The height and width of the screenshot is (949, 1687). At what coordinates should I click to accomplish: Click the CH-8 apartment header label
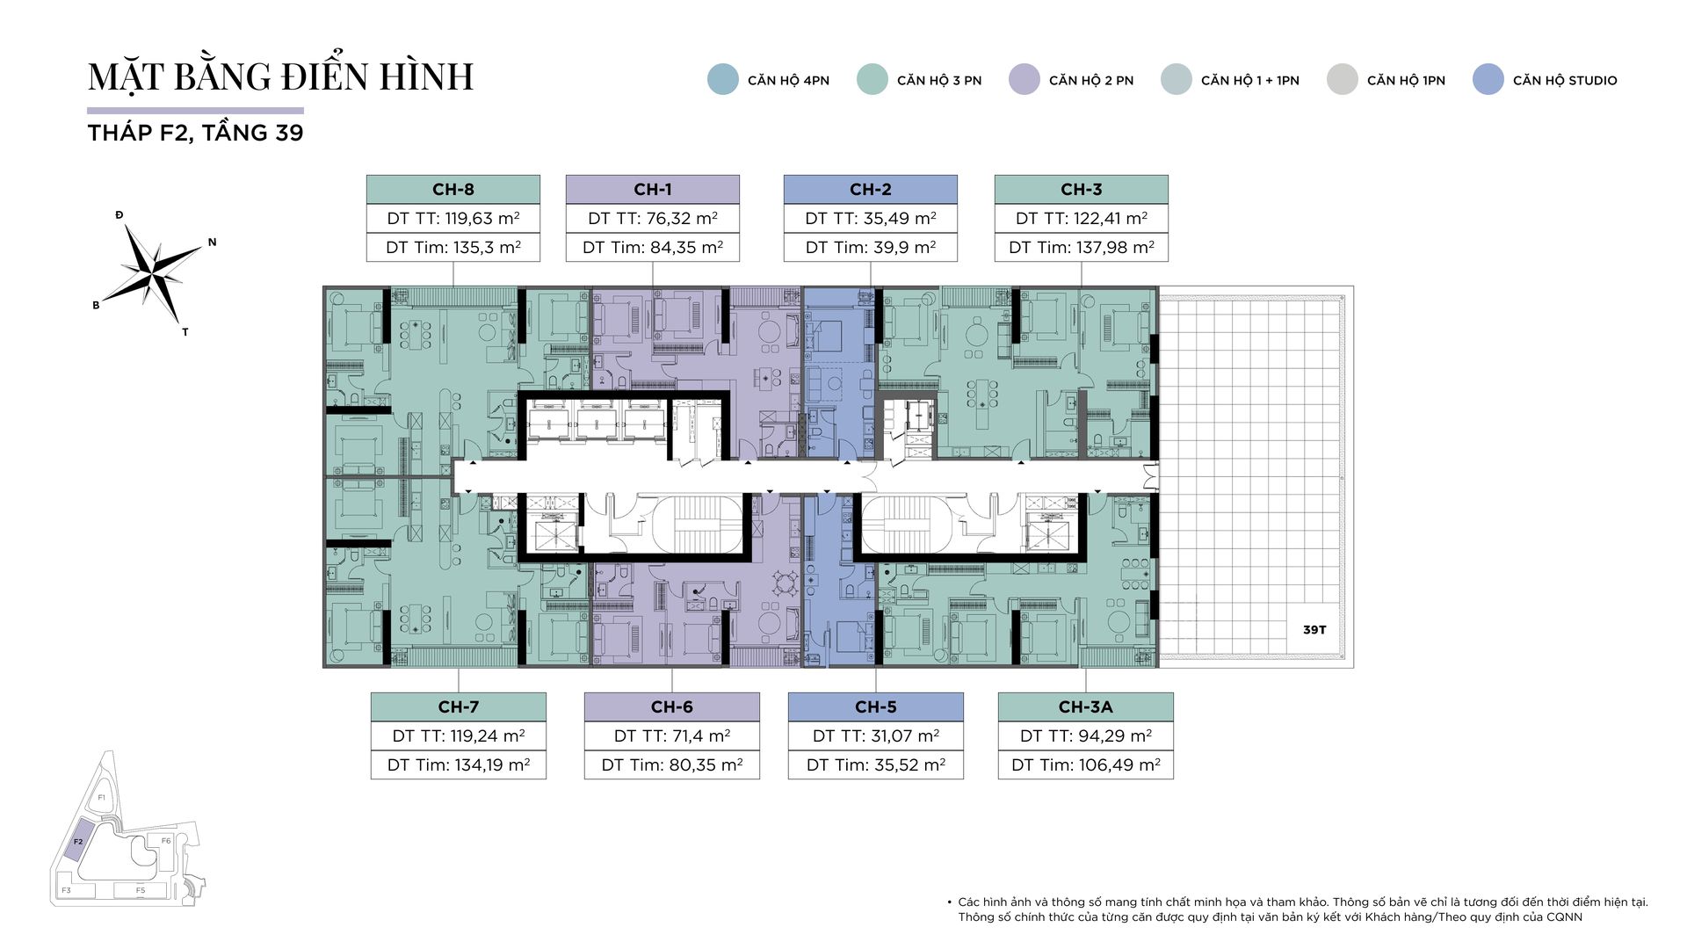[453, 189]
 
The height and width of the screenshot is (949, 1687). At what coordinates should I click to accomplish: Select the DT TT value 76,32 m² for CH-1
[653, 218]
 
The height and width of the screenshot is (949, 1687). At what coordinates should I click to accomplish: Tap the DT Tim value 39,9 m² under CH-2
[871, 248]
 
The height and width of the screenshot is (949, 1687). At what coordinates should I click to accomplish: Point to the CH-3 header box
[1082, 189]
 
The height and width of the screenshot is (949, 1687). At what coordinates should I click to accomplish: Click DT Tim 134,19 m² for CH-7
[459, 764]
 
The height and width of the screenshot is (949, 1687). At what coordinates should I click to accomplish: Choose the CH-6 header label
[672, 706]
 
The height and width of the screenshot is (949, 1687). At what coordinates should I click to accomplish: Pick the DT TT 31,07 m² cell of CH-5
[876, 735]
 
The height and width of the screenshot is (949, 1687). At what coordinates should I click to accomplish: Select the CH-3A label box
[1086, 706]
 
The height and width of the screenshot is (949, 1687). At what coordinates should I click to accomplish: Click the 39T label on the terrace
[1314, 630]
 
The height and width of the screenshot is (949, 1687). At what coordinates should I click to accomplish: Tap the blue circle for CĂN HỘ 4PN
[723, 79]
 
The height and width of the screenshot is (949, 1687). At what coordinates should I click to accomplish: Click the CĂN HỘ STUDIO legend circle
[1488, 79]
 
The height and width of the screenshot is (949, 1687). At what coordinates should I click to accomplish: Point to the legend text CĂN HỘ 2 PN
[1091, 80]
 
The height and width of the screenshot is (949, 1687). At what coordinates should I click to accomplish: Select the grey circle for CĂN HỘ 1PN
[1343, 79]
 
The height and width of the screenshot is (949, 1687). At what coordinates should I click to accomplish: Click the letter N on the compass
[212, 243]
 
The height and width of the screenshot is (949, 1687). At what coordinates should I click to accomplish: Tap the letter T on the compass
[185, 332]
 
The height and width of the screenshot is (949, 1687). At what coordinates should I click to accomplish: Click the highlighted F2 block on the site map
[78, 841]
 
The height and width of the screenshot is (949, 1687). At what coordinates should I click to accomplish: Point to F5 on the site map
[141, 890]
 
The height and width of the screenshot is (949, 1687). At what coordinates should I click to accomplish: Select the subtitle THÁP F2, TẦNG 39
[196, 133]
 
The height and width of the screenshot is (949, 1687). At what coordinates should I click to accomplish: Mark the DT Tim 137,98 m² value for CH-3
[1082, 248]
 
